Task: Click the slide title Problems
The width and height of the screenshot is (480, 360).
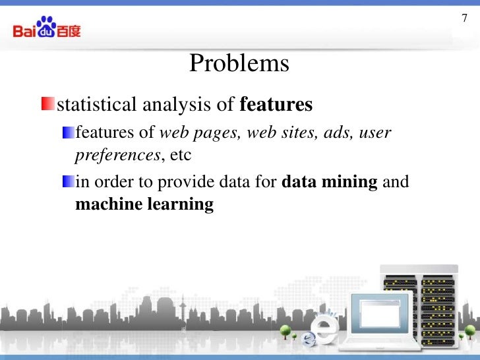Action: coord(239,64)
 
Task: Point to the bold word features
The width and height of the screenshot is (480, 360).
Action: coord(276,104)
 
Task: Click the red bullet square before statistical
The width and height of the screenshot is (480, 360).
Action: coord(47,104)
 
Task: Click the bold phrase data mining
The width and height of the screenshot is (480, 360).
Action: coord(329,181)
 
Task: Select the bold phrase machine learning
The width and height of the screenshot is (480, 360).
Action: coord(144,204)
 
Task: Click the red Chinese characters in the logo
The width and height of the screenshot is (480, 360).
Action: coord(69,30)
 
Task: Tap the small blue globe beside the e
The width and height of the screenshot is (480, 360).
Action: coord(309,339)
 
